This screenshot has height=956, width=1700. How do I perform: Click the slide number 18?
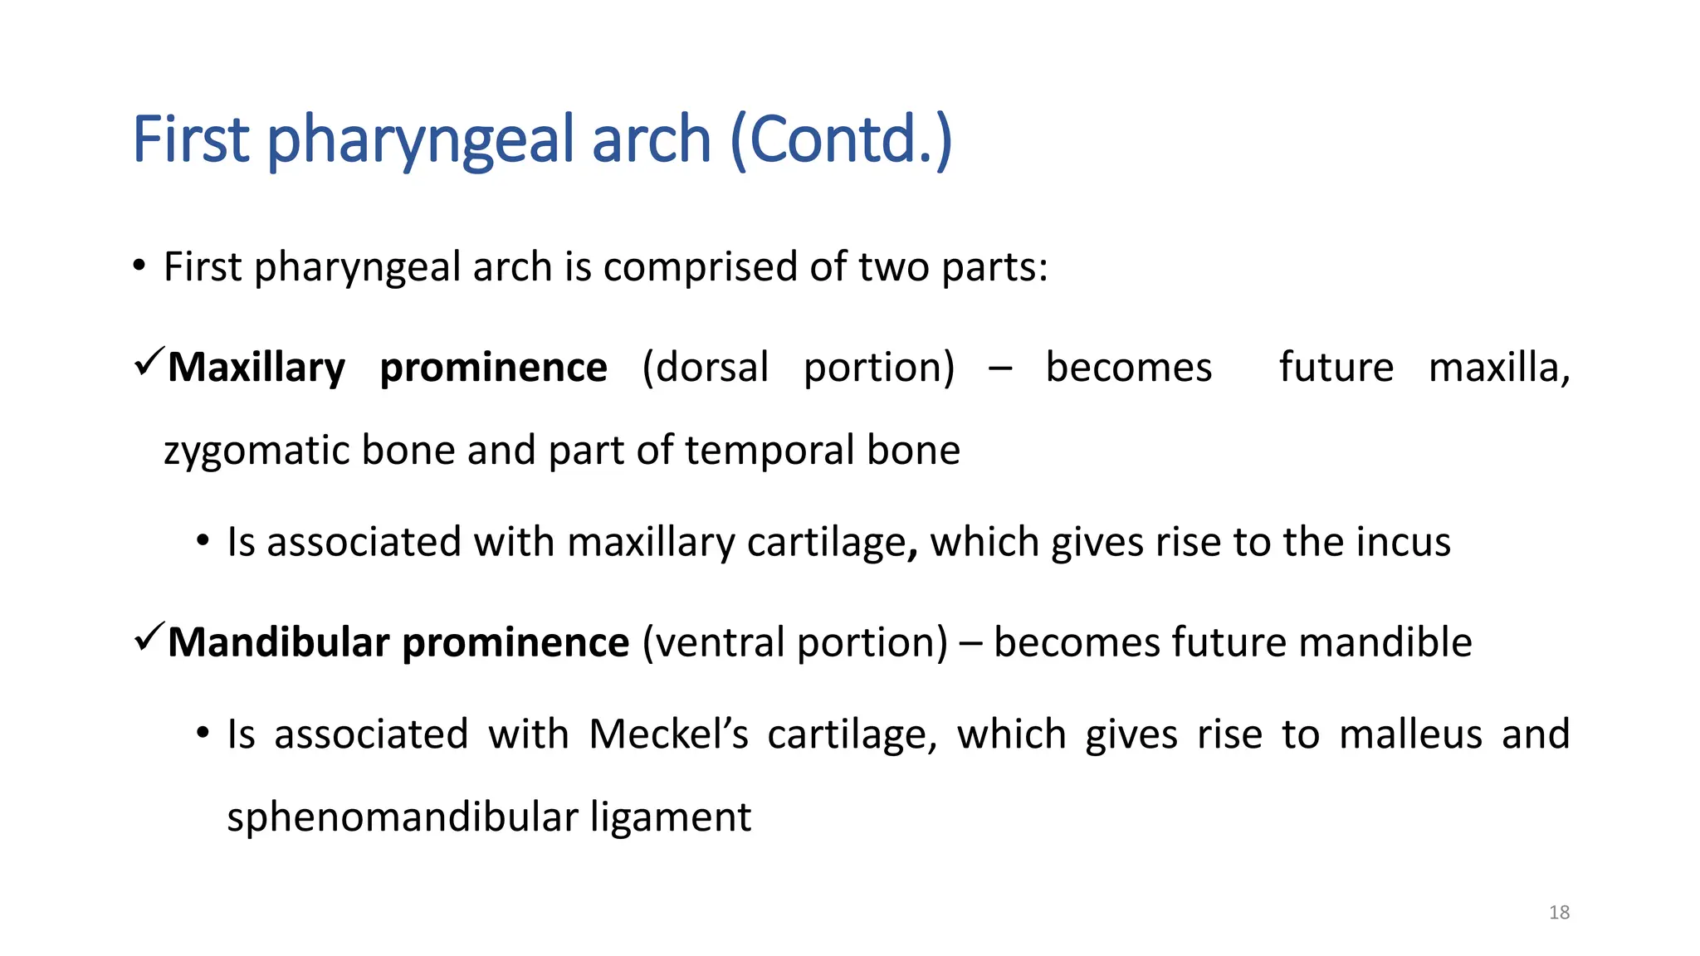pyautogui.click(x=1559, y=913)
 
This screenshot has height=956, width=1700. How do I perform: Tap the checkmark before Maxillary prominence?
pyautogui.click(x=149, y=363)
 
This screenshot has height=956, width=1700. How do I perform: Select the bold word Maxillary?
pyautogui.click(x=256, y=368)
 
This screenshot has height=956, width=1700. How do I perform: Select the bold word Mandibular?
pyautogui.click(x=278, y=642)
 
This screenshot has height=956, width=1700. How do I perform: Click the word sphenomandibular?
pyautogui.click(x=402, y=817)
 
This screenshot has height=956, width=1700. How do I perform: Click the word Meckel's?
pyautogui.click(x=668, y=734)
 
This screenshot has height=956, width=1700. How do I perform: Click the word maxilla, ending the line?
pyautogui.click(x=1498, y=368)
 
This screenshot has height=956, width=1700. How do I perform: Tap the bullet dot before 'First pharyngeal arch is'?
pyautogui.click(x=139, y=267)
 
